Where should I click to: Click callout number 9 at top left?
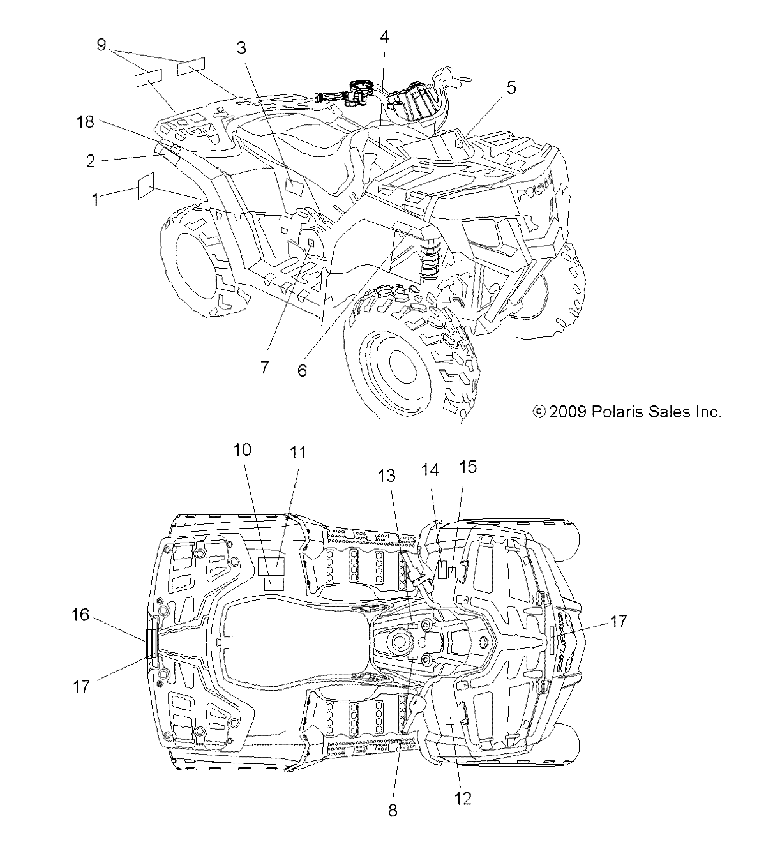[x=101, y=45]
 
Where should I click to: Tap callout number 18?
[x=86, y=122]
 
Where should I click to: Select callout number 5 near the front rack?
[x=511, y=88]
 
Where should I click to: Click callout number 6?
[x=302, y=370]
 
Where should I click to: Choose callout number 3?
[x=241, y=49]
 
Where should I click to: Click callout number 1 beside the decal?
[x=96, y=199]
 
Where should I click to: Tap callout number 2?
[x=91, y=161]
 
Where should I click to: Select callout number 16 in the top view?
[x=80, y=615]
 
